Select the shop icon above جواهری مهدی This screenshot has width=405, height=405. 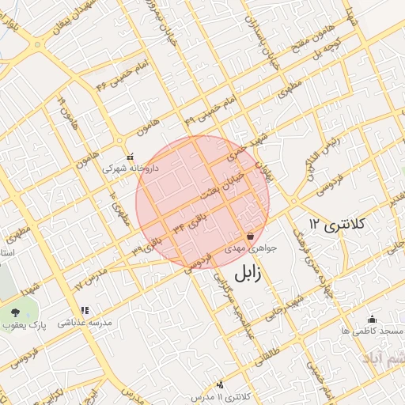tap(251, 236)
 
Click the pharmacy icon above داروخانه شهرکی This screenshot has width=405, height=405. tap(131, 156)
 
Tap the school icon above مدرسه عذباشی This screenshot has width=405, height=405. tap(85, 310)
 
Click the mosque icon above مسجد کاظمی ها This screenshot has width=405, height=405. tap(372, 318)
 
